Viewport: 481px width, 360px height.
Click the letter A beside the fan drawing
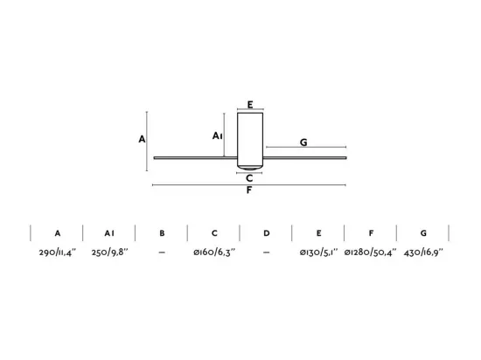tap(142, 139)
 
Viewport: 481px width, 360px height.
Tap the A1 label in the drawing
tap(218, 135)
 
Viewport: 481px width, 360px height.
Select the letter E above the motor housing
tap(250, 105)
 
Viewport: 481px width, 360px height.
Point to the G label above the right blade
tap(303, 142)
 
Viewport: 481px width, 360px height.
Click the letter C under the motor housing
tap(249, 178)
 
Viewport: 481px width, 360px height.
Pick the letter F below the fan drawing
tap(249, 190)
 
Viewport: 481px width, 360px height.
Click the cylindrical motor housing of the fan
tap(250, 140)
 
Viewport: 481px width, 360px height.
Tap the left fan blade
tap(195, 158)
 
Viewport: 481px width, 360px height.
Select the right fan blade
tap(305, 158)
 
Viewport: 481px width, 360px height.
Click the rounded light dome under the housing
tap(250, 168)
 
